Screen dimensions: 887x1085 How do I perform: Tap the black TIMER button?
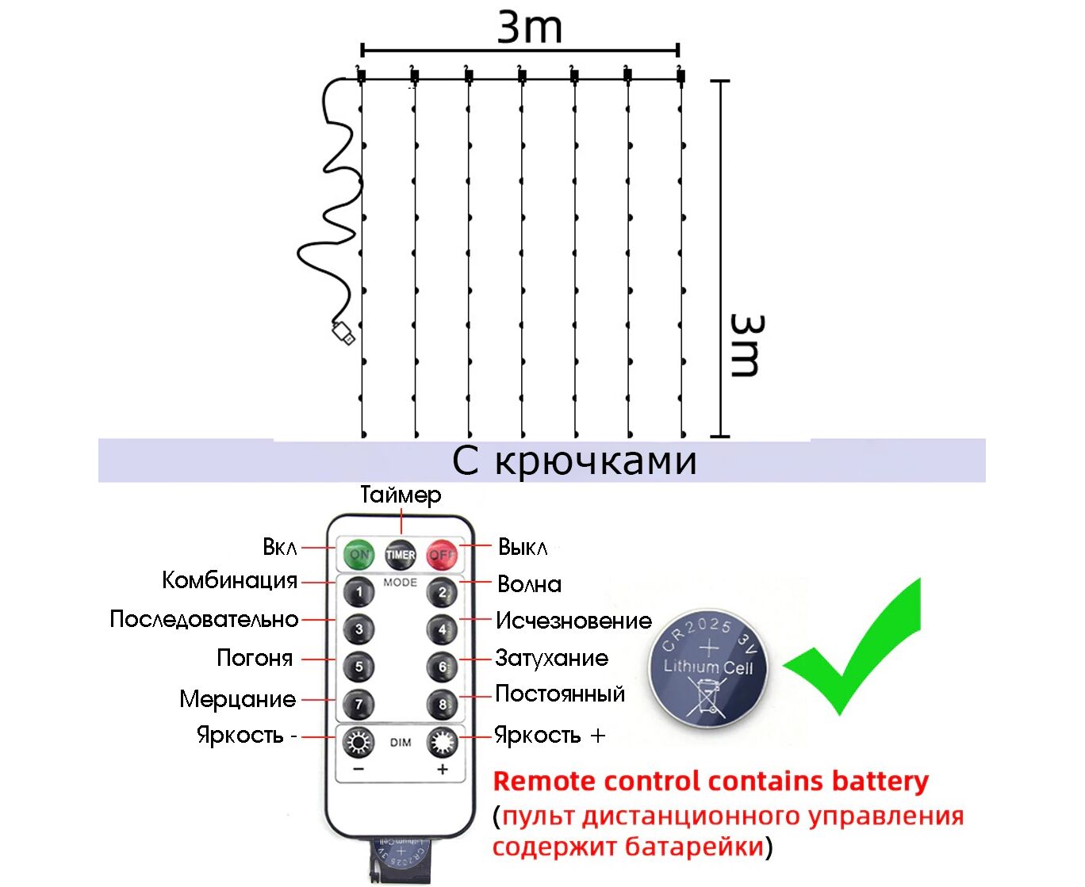[401, 554]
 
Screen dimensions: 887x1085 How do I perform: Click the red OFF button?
[442, 554]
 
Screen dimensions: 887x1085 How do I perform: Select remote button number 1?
[358, 591]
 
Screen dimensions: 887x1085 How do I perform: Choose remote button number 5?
[358, 667]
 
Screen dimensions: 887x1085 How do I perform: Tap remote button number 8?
[442, 704]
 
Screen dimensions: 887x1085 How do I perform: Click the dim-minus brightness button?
[358, 744]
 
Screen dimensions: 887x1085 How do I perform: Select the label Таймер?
[401, 495]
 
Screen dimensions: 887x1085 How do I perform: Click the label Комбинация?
[229, 580]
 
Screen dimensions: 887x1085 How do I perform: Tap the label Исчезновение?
[573, 621]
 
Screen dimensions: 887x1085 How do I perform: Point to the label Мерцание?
[237, 699]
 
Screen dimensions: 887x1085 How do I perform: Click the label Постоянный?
[560, 694]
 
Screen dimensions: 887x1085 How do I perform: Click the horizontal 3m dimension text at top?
[529, 27]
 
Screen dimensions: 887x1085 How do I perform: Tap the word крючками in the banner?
[596, 461]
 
